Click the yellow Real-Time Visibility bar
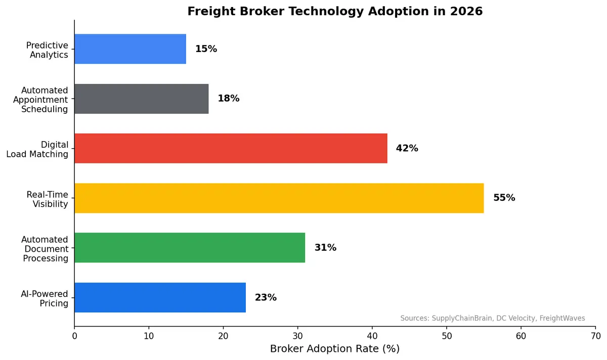click(279, 198)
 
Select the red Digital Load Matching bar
click(231, 148)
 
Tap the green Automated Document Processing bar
click(190, 248)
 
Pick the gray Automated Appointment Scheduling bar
click(141, 99)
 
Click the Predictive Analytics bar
click(130, 49)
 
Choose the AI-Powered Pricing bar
click(160, 297)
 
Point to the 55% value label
click(504, 198)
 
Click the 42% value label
click(407, 148)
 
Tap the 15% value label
click(206, 49)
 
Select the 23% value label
click(266, 297)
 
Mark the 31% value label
click(325, 248)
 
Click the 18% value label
click(228, 99)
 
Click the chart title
click(335, 11)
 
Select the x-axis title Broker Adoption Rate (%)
click(334, 349)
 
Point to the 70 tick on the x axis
click(595, 335)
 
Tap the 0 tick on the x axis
click(74, 335)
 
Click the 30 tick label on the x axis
click(297, 335)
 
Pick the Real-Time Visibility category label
click(47, 200)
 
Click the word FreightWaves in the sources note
click(562, 318)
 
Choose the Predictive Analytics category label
click(47, 50)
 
